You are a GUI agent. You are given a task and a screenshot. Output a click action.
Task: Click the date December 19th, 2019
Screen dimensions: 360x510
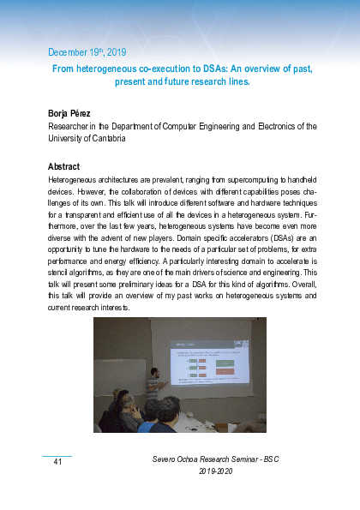[x=87, y=51]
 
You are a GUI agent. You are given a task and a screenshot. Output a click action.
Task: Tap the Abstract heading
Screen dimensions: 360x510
[x=64, y=166]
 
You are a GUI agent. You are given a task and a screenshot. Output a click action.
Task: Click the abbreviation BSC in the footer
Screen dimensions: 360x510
[x=272, y=460]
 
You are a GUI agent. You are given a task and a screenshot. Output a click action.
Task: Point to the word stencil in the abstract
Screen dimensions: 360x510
[x=63, y=268]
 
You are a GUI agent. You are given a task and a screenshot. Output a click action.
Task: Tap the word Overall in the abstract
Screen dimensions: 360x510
[x=290, y=281]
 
